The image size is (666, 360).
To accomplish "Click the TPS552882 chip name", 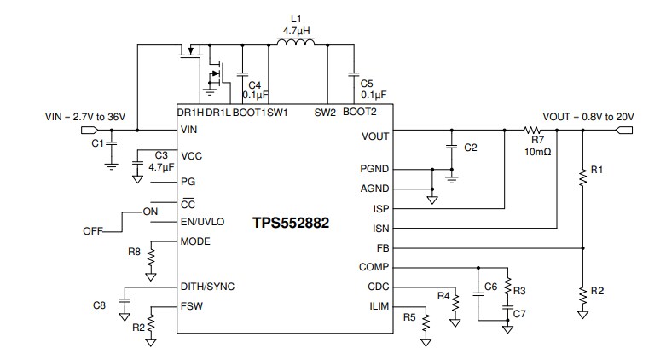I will coord(290,224).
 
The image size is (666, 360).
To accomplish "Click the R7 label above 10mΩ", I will coord(536,140).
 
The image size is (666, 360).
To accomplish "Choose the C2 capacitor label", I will coord(470,148).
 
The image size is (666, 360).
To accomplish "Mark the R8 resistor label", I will coord(134,253).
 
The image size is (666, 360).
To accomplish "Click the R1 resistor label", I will coord(597,171).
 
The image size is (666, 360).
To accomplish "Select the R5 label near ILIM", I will coord(409,317).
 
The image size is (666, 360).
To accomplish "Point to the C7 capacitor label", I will coord(518,315).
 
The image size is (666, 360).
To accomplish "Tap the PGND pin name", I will coord(374,169).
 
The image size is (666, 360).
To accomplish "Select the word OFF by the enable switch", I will coord(93,231).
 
